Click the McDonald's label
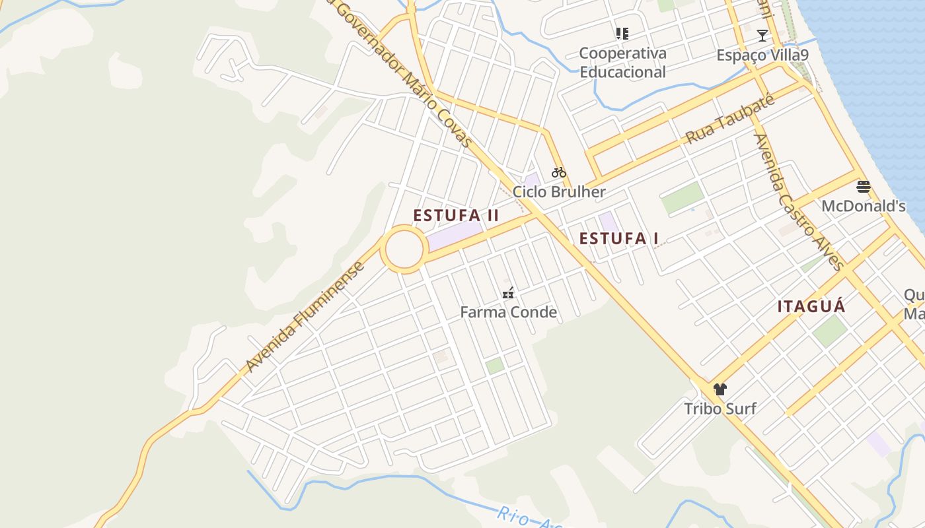click(863, 206)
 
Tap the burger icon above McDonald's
click(863, 187)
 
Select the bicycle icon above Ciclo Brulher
click(559, 173)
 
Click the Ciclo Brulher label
click(559, 192)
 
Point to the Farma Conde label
click(508, 312)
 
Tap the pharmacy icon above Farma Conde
click(508, 293)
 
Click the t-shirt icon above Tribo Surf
click(720, 389)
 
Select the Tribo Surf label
click(720, 409)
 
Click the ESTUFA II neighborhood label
click(456, 216)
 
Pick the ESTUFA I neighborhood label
click(618, 239)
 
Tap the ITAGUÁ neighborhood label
click(811, 307)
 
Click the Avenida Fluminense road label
click(305, 317)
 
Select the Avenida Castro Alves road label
click(799, 202)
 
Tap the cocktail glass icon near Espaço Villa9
click(762, 36)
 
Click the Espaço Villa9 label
click(762, 55)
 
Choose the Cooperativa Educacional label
click(622, 63)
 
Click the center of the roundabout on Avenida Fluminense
click(404, 249)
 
